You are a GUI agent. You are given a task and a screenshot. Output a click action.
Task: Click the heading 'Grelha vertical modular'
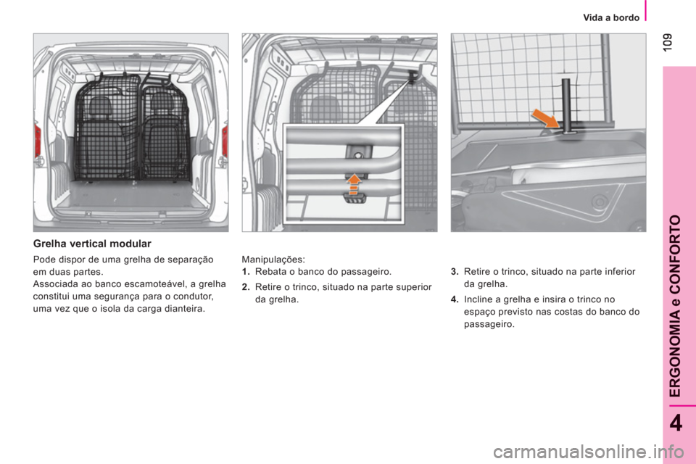(x=92, y=244)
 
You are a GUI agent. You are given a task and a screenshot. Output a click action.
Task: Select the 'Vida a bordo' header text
(x=611, y=17)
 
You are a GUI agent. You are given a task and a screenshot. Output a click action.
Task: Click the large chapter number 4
(x=676, y=423)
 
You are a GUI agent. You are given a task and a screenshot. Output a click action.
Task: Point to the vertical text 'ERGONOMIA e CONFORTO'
(x=675, y=306)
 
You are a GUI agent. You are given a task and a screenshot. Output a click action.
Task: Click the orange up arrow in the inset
(x=354, y=184)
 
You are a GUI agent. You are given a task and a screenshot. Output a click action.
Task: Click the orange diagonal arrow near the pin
(x=546, y=119)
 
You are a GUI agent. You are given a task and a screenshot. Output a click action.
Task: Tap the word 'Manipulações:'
(x=273, y=260)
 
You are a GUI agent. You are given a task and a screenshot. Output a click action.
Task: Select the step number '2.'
(x=246, y=287)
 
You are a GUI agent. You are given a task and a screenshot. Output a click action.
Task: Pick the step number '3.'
(x=455, y=272)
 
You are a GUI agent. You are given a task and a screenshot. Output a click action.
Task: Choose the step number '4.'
(x=455, y=299)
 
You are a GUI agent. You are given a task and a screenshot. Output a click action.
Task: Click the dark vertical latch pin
(x=565, y=106)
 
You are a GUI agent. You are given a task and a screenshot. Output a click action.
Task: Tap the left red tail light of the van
(x=38, y=141)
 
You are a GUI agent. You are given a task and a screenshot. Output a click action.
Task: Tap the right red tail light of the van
(x=225, y=141)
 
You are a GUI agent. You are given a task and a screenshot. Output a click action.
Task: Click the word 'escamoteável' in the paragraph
(x=158, y=284)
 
